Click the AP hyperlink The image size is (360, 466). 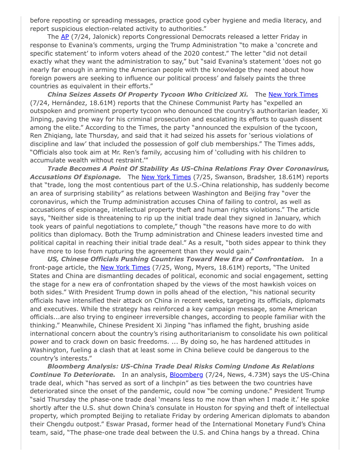[64, 37]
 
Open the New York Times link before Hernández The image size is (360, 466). [293, 94]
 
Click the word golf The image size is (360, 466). [186, 144]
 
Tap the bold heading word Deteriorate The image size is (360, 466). [94, 375]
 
